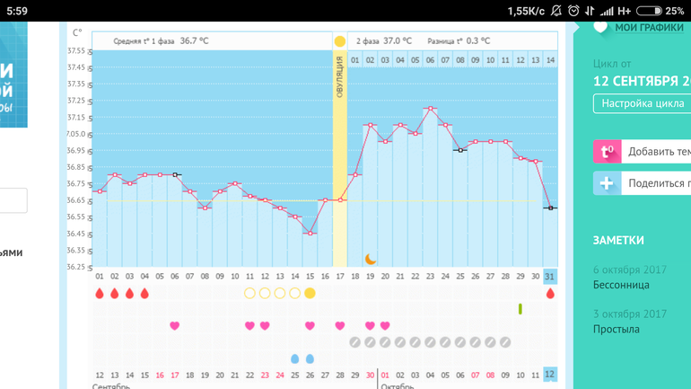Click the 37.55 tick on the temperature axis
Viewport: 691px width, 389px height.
pos(76,50)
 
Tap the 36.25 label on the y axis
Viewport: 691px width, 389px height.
pos(76,267)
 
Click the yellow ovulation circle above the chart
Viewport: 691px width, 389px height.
pos(339,41)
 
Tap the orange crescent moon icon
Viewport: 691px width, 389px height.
pos(370,259)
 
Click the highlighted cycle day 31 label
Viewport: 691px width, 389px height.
pos(550,277)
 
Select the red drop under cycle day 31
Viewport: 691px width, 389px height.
pos(550,293)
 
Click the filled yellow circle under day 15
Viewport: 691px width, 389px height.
pos(310,293)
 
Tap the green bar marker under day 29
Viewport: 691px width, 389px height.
pos(520,309)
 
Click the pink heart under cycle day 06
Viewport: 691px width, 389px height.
pos(175,325)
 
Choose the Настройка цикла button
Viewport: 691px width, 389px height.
pos(642,103)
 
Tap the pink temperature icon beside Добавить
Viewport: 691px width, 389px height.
pos(607,151)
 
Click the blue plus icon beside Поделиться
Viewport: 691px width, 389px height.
pos(607,183)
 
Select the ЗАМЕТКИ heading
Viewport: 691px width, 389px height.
pos(618,240)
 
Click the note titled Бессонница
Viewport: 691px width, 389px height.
pos(621,285)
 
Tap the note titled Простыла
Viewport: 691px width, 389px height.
pos(617,329)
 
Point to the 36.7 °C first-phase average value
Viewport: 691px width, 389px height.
pos(194,41)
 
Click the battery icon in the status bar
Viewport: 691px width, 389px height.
pos(649,11)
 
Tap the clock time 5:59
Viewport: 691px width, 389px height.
pos(16,11)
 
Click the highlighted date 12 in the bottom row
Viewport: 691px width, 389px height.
pos(550,374)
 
